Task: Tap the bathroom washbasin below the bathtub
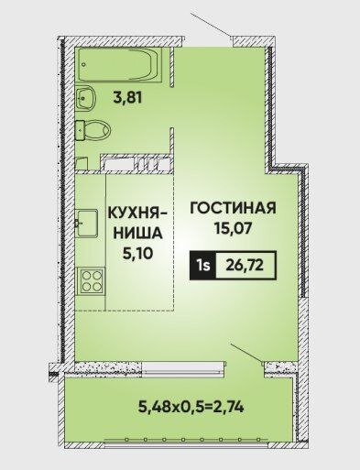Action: pos(89,97)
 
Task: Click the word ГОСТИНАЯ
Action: pos(233,208)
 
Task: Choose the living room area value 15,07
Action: pos(233,226)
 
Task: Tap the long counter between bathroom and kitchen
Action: pos(132,166)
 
